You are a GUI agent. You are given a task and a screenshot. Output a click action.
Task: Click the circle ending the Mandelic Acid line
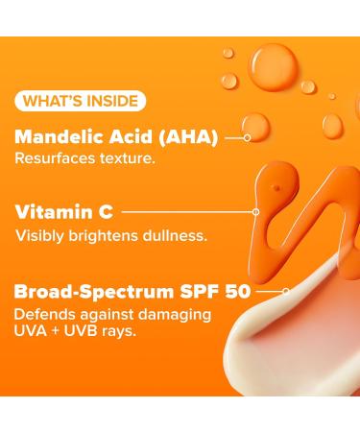(x=248, y=137)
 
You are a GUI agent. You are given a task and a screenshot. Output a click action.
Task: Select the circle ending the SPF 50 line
(x=286, y=289)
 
